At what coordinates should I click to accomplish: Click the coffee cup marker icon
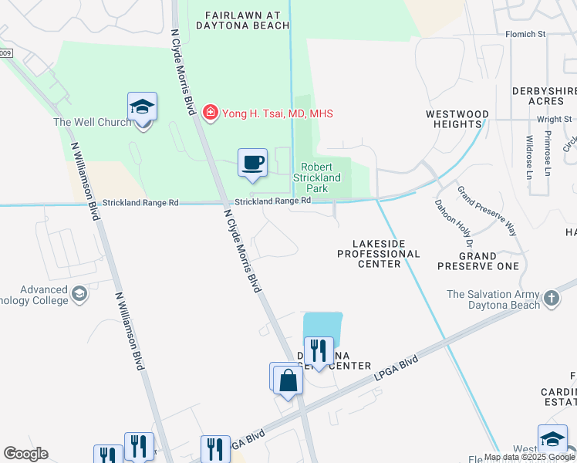[252, 163]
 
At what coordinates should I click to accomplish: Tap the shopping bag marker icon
[288, 380]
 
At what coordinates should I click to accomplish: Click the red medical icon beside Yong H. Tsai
[209, 113]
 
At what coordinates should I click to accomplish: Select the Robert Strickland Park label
[317, 177]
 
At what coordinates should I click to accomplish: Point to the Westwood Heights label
[457, 119]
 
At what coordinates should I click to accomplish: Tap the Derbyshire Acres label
[544, 96]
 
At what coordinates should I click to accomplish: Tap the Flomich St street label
[525, 34]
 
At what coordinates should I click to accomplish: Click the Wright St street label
[555, 120]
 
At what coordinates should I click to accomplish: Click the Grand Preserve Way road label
[486, 210]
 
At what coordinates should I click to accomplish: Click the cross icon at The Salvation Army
[551, 298]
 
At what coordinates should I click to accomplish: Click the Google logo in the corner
[25, 454]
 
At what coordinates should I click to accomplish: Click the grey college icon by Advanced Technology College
[79, 293]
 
